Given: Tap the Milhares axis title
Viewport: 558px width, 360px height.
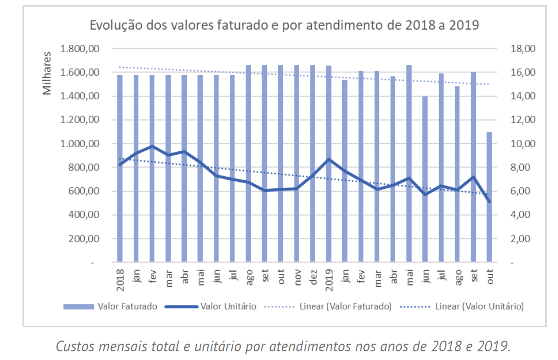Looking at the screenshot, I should coord(47,73).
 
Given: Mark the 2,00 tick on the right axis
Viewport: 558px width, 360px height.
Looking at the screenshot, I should coord(521,239).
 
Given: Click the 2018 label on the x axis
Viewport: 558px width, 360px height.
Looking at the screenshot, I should coord(120,278).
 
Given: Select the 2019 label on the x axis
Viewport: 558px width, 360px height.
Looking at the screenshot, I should coord(329,278).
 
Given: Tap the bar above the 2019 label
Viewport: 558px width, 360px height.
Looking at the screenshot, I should coord(329,163).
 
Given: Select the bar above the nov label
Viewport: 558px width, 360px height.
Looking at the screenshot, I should coord(297,163).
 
